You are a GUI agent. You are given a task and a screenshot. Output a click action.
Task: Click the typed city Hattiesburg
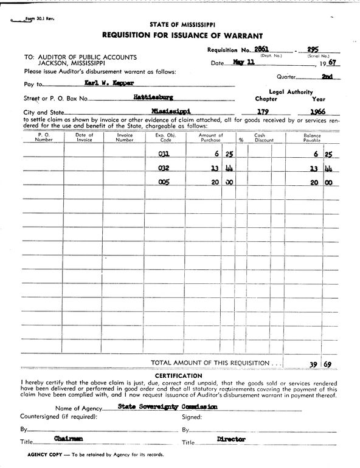153,96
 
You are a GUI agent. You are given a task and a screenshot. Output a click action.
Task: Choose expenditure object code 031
164,154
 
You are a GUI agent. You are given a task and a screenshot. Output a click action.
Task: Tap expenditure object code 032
164,168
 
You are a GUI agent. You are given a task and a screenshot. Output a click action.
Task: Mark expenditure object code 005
164,182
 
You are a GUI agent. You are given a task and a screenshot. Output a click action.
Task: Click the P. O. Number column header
44,137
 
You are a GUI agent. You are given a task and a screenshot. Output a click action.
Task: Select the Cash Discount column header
264,137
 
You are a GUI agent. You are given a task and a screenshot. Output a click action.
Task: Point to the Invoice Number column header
124,137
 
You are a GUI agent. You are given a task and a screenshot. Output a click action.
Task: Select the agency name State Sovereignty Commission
168,406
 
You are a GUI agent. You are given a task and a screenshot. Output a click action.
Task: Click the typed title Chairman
68,439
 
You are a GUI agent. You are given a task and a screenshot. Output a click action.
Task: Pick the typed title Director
231,439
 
